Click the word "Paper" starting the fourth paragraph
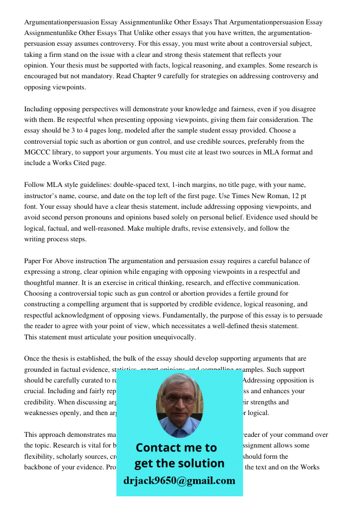point(33,261)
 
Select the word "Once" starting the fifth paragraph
point(32,359)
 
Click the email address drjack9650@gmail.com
point(179,481)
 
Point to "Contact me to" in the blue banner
point(176,448)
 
